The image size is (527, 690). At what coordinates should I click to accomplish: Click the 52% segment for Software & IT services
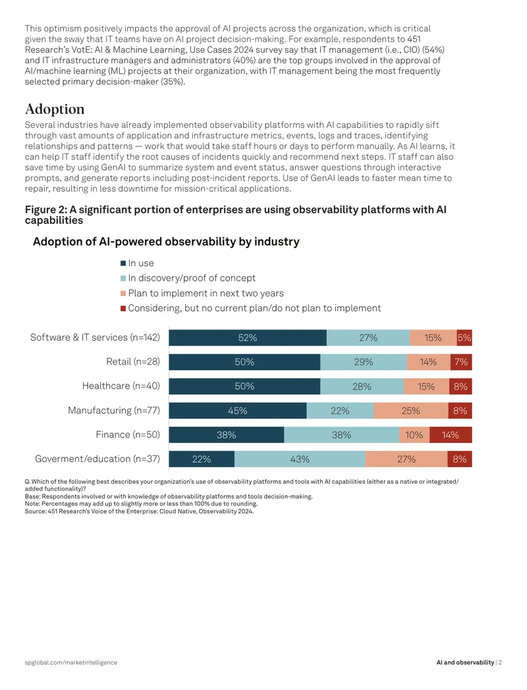pos(248,337)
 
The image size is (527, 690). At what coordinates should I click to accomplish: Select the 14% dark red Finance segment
pos(451,435)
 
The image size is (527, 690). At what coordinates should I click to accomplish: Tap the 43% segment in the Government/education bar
pos(300,459)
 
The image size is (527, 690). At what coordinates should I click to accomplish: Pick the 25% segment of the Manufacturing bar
pos(411,411)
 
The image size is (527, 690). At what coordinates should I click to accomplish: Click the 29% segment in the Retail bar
pos(364,362)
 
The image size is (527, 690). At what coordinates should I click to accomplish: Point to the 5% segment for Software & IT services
pos(464,337)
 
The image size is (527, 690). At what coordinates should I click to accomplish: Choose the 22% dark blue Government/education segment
pos(202,459)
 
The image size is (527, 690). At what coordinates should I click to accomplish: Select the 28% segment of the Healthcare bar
pos(362,386)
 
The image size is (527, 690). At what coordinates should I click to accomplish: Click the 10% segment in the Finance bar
pos(414,435)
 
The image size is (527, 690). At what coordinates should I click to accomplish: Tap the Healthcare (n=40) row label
pos(121,386)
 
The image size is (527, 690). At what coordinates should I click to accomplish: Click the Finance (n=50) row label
pos(128,435)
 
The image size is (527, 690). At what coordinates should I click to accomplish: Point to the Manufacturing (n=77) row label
pos(114,411)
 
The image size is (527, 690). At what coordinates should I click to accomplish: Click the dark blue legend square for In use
pos(123,263)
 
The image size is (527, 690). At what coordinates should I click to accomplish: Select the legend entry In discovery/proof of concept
pos(188,278)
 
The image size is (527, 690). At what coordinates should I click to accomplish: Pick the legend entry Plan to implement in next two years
pos(202,293)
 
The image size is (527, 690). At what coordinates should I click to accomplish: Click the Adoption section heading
pos(55,109)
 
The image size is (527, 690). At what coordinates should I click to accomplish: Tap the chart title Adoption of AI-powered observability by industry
pos(166,242)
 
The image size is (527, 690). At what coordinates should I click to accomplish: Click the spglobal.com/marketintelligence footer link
pos(71,662)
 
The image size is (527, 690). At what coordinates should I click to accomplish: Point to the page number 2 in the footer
pos(501,662)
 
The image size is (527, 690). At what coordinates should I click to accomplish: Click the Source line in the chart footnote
pos(139,511)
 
